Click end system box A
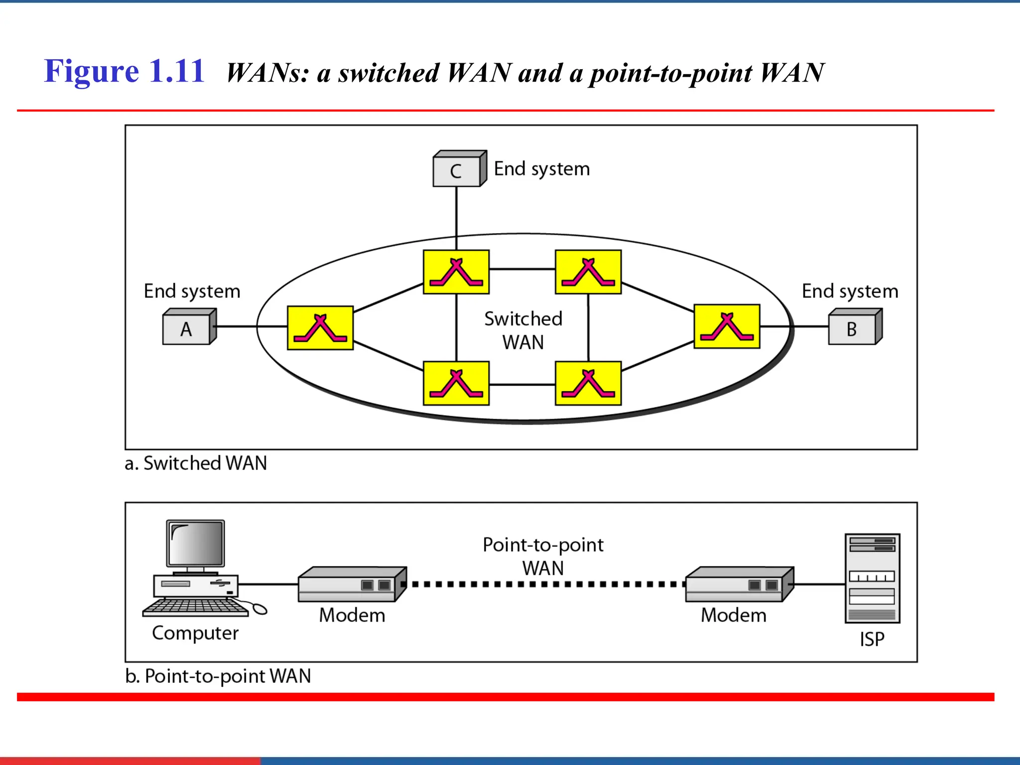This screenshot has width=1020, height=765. point(187,329)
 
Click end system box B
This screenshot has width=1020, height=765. point(852,329)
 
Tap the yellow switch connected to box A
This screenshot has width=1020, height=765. point(320,328)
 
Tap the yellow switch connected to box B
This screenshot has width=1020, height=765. point(727,326)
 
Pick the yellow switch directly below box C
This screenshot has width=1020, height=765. point(456,272)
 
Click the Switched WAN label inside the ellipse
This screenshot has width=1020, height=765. point(523,330)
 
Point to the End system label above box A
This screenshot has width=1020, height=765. point(192,291)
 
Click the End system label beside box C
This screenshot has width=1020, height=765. point(541,169)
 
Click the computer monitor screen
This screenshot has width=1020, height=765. point(196,543)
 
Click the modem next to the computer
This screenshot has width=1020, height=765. point(352,585)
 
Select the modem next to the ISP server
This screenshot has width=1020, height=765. point(739,585)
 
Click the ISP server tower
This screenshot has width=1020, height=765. point(872,578)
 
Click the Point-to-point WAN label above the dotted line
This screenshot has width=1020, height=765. point(543,556)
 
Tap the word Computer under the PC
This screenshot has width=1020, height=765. point(195,633)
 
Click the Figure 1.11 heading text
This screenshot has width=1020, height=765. point(125,71)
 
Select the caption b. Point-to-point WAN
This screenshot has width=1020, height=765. point(218,676)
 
